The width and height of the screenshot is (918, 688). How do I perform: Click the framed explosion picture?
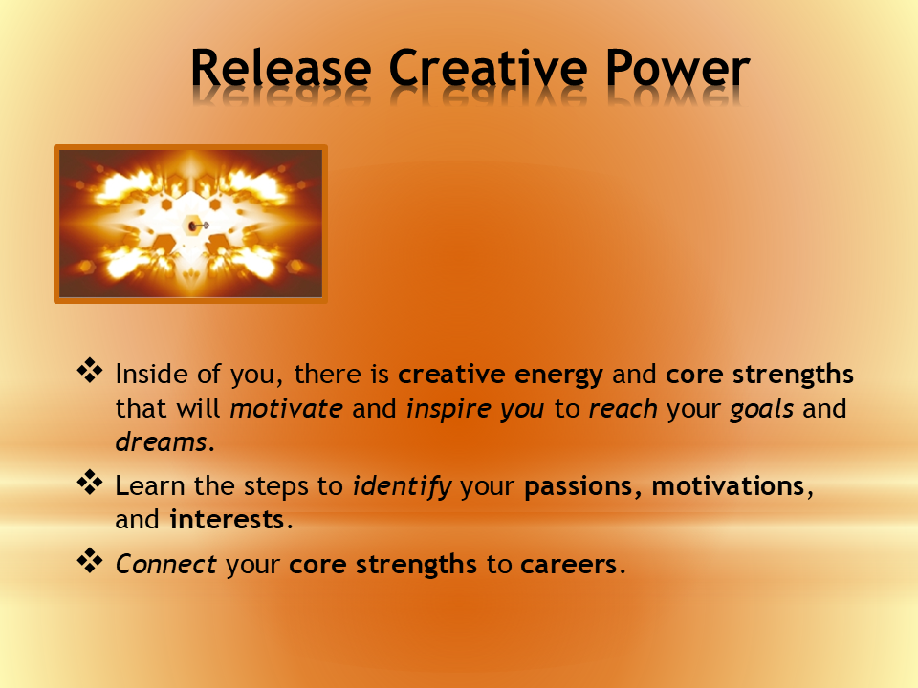[190, 225]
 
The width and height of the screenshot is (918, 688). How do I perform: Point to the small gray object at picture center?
[198, 226]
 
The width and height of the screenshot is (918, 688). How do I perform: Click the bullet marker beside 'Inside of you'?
[89, 369]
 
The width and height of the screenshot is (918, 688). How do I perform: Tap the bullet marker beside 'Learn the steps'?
[89, 482]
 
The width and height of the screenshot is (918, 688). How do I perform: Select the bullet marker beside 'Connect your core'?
[89, 561]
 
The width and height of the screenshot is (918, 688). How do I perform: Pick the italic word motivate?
[286, 408]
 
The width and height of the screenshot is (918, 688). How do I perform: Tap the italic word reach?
[623, 408]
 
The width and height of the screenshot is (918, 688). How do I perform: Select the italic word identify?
[402, 486]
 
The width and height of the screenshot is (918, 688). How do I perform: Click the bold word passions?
[582, 486]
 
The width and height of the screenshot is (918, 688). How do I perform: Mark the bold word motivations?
[729, 486]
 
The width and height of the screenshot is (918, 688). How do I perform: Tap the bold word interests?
[226, 521]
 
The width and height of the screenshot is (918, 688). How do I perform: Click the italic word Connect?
[166, 565]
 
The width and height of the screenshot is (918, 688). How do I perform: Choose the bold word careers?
[568, 565]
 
